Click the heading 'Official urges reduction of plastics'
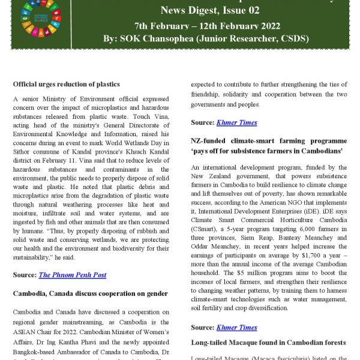pyautogui.click(x=66, y=84)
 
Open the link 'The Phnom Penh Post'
pyautogui.click(x=73, y=275)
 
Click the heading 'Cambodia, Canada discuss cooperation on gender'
pyautogui.click(x=91, y=293)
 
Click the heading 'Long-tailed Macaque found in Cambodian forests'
pyautogui.click(x=269, y=343)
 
